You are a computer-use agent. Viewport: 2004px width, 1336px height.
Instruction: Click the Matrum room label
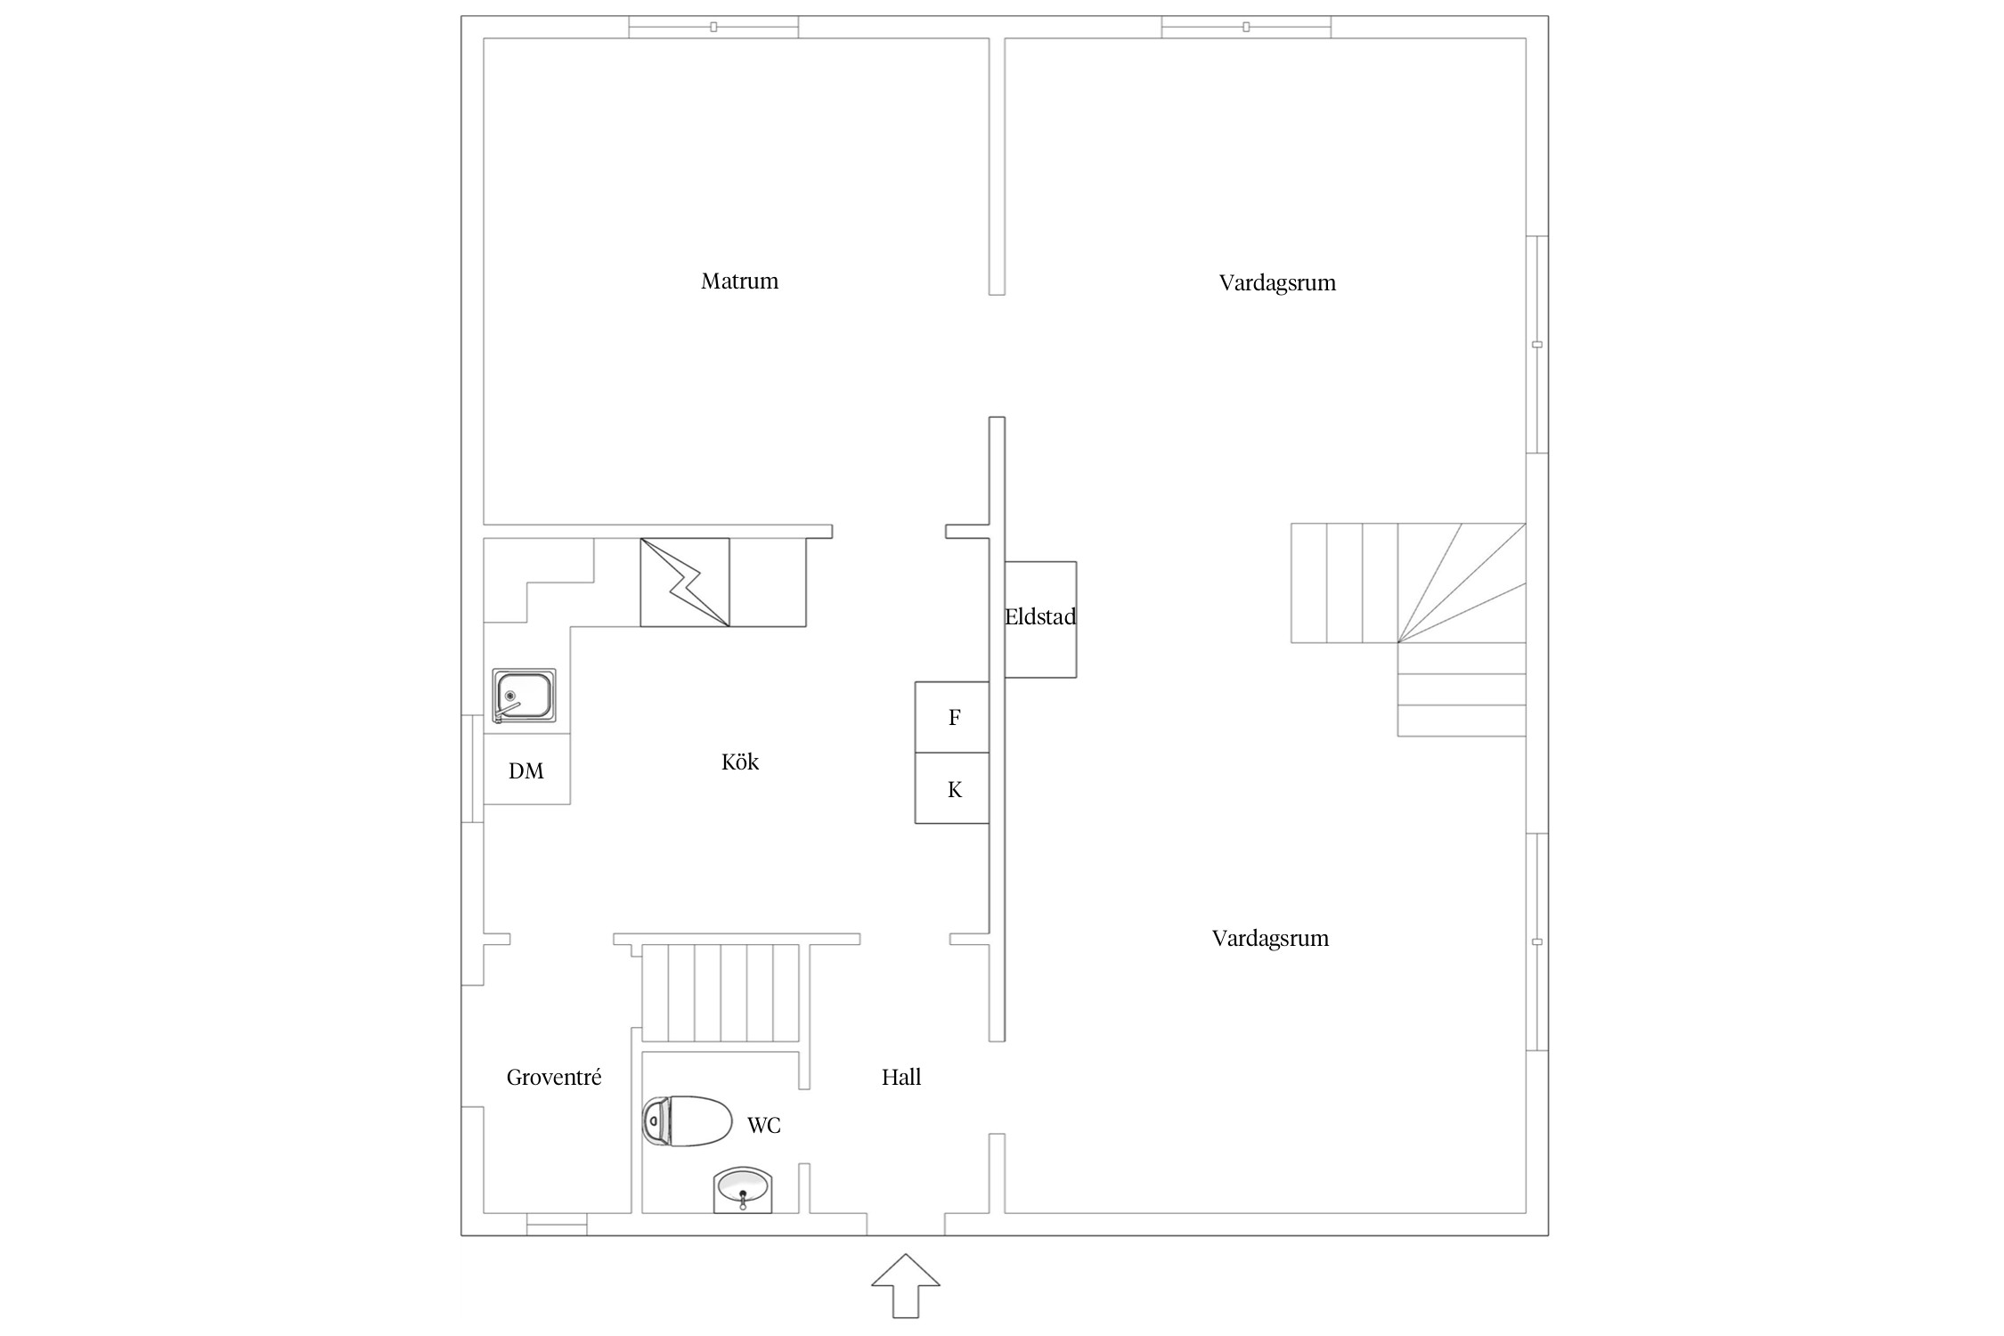(739, 281)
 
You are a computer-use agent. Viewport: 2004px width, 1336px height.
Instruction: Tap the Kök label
(740, 762)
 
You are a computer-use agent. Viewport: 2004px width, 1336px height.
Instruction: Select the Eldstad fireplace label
(1040, 616)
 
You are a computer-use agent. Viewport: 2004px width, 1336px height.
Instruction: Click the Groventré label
(554, 1077)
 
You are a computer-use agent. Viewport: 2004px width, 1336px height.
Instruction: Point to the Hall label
(901, 1077)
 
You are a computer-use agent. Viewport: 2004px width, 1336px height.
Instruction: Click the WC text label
(764, 1126)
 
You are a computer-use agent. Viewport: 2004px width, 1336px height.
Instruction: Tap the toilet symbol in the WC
(687, 1120)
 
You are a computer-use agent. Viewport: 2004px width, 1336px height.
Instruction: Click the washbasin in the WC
(743, 1190)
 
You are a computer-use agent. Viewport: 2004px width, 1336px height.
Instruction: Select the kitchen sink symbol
(524, 696)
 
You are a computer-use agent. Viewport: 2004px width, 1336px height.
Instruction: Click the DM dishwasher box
(526, 770)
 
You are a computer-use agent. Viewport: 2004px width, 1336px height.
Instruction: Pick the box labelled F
(952, 717)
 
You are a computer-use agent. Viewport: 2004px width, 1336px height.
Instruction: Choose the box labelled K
(952, 788)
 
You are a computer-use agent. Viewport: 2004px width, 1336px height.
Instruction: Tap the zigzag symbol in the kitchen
(685, 582)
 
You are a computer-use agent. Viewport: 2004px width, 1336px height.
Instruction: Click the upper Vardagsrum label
(1277, 283)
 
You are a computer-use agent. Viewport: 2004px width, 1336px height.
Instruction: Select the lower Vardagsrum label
(1270, 938)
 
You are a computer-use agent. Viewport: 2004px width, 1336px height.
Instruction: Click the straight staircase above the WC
(721, 992)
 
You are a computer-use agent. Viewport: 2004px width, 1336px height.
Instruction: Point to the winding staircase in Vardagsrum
(1408, 629)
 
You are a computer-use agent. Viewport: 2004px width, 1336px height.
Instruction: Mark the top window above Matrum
(713, 27)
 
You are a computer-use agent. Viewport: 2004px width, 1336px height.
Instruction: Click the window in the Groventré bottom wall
(557, 1225)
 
